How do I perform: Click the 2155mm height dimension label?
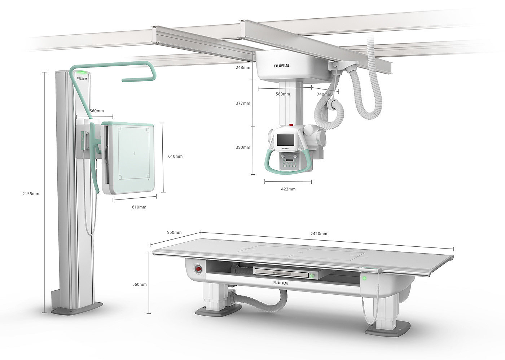click(x=31, y=194)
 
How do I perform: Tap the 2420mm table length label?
click(x=319, y=234)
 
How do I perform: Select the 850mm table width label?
click(x=174, y=232)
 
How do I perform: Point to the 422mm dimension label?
click(x=288, y=189)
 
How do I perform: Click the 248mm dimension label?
click(x=243, y=67)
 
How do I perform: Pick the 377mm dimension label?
click(x=243, y=103)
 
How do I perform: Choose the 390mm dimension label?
click(x=243, y=148)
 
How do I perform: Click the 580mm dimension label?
click(x=283, y=94)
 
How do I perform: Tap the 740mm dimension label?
click(x=324, y=94)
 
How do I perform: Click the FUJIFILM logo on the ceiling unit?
click(x=281, y=66)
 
